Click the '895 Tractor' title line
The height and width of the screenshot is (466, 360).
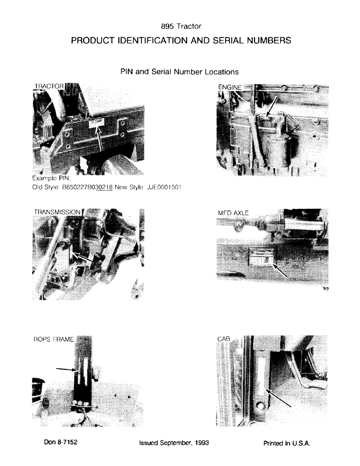(180, 27)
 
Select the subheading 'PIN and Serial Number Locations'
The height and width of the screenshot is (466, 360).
(180, 72)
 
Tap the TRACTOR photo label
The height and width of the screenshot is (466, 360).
(48, 86)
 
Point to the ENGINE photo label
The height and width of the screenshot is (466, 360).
(230, 87)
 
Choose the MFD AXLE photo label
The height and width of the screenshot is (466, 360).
(233, 213)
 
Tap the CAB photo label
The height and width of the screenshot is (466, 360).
(224, 340)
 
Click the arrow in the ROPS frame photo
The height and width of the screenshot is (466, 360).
(66, 369)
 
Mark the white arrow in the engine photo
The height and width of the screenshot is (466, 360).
(273, 105)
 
